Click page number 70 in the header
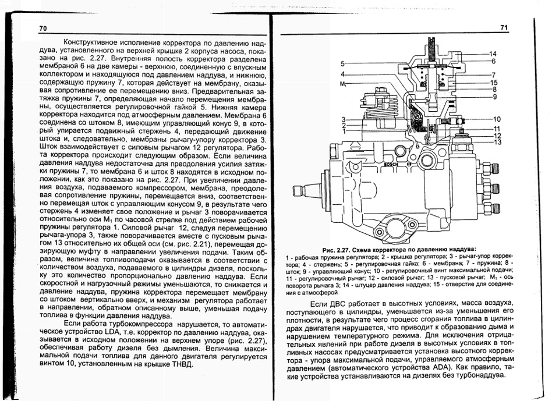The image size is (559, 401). click(43, 29)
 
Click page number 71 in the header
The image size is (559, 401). click(504, 29)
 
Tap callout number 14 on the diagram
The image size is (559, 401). click(493, 54)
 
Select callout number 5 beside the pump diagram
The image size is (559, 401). click(343, 63)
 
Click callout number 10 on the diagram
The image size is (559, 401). click(497, 119)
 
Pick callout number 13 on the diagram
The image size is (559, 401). click(497, 142)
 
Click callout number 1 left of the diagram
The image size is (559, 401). click(343, 131)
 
